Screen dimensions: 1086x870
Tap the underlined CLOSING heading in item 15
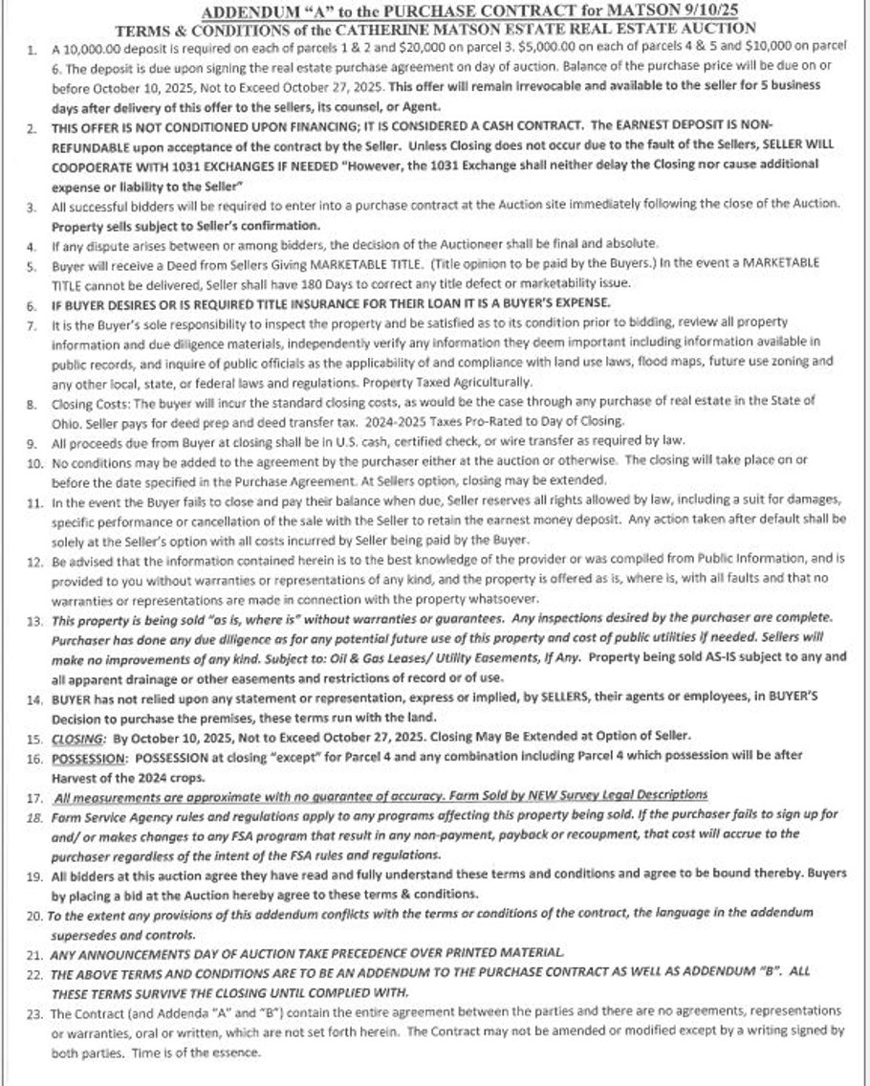(78, 738)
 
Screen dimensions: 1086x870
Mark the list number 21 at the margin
(33, 953)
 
